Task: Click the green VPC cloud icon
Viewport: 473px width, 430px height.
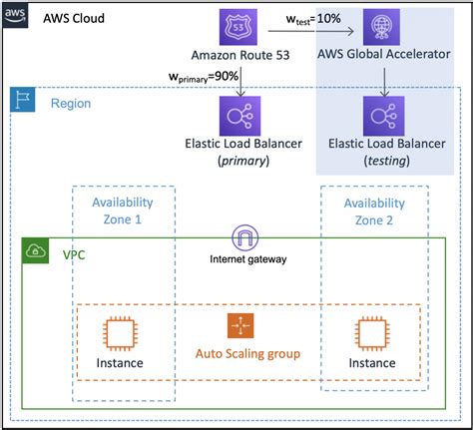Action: pos(36,251)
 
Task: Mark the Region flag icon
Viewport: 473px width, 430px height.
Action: pos(22,101)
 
